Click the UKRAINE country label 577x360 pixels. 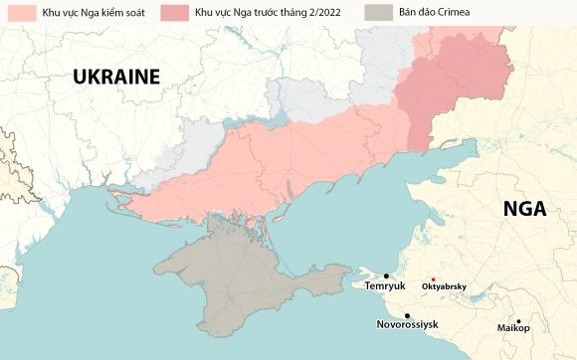click(114, 78)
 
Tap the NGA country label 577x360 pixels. click(525, 208)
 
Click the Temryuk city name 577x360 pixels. click(385, 286)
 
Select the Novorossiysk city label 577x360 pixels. click(407, 325)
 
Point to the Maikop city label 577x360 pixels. click(513, 328)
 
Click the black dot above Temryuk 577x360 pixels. click(386, 275)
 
